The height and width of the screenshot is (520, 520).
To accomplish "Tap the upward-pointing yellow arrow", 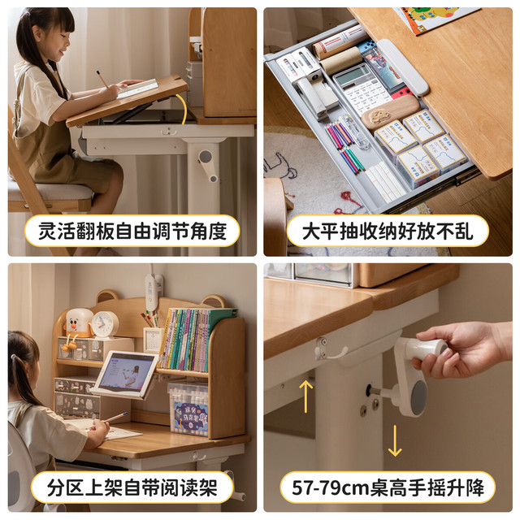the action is (305, 396).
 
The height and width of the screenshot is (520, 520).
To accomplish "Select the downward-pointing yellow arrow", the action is (395, 440).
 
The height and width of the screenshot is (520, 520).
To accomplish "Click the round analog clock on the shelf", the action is (105, 324).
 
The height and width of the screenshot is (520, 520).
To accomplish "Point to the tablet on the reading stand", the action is (126, 372).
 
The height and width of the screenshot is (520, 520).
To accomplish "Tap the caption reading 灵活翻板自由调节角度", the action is (132, 231).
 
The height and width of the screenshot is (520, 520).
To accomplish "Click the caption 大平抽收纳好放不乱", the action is (388, 231).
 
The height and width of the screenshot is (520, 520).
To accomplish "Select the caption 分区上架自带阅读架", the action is (132, 487).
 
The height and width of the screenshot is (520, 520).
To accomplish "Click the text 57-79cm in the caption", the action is (331, 487).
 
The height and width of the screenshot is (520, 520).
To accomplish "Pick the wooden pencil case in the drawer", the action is (390, 112).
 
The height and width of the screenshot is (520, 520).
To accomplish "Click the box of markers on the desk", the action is (188, 409).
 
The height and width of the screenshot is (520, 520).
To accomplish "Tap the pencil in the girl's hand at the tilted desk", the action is (102, 79).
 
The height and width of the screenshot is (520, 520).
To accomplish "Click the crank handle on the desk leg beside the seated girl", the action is (208, 165).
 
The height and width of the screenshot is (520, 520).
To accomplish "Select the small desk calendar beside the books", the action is (152, 340).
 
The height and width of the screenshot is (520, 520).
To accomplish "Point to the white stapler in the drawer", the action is (317, 96).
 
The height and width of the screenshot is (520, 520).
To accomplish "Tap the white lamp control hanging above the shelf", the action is (152, 292).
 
